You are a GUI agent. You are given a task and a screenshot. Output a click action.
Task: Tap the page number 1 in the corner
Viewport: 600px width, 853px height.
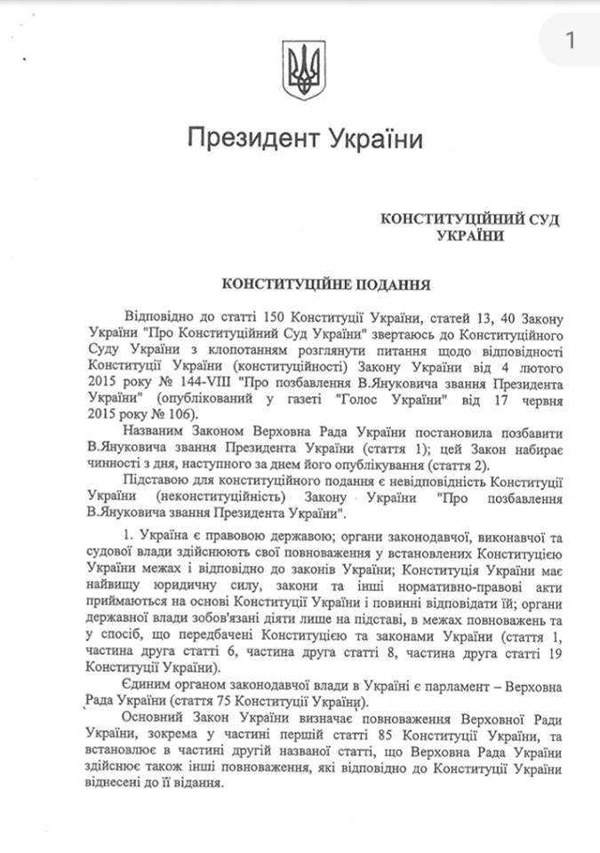[569, 40]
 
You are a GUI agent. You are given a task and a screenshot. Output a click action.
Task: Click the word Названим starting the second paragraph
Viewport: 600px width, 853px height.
[153, 438]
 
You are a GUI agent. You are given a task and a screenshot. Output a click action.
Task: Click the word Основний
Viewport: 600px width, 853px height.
[156, 716]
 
